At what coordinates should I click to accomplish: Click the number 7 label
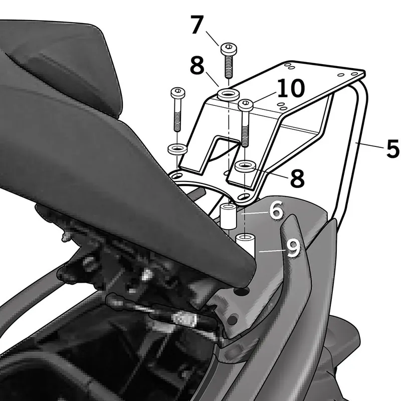coord(197,25)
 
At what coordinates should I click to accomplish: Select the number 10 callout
coord(291,88)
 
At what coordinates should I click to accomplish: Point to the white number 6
coord(276,210)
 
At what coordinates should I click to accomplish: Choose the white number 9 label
coord(293,248)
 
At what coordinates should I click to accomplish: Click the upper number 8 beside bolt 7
coord(197,66)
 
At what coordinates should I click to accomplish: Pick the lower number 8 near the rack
coord(297,178)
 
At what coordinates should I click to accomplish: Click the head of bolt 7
coord(229,48)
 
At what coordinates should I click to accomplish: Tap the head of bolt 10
coord(246,105)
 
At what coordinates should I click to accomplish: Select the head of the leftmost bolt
coord(178,93)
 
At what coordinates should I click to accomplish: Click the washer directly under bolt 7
coord(228,94)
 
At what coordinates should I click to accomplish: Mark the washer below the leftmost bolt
coord(177,148)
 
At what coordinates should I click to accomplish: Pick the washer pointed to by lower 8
coord(245,166)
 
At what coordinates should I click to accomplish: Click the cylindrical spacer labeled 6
coord(228,216)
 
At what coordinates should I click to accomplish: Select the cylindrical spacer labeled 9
coord(246,245)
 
